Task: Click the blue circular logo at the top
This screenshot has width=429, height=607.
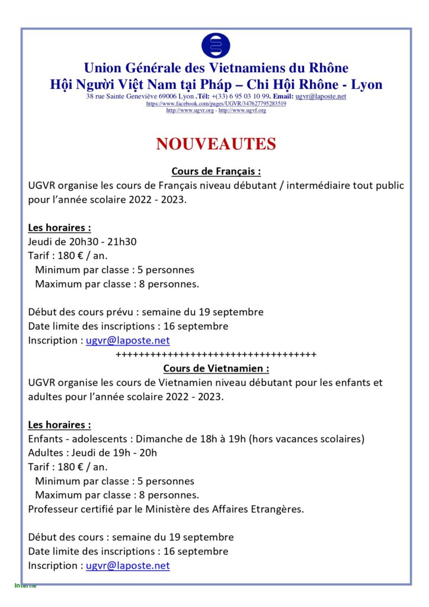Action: [216, 46]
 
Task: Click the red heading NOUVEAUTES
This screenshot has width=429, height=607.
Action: [216, 144]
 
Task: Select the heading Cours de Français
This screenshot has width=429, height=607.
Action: [216, 171]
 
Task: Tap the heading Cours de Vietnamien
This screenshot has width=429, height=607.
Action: [216, 369]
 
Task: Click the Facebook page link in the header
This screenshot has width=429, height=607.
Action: [216, 103]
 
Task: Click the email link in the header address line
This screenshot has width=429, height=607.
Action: [321, 96]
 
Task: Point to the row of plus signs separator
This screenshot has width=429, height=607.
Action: [216, 354]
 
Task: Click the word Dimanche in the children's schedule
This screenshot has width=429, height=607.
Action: [159, 439]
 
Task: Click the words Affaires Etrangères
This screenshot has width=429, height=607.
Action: [258, 509]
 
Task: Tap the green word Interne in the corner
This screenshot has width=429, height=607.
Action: [25, 586]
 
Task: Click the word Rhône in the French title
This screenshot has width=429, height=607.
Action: [326, 68]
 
